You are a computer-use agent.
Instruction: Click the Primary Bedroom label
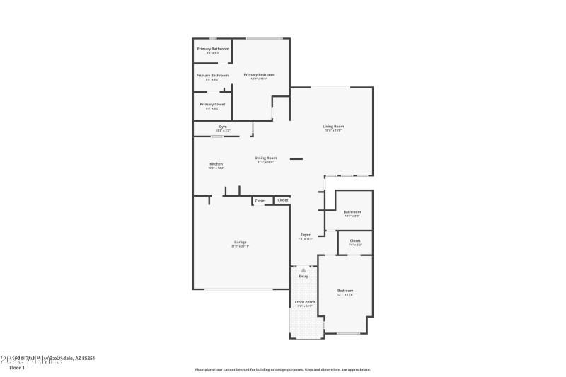(258, 74)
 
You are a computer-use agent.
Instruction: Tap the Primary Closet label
(212, 104)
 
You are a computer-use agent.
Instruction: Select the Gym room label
(223, 127)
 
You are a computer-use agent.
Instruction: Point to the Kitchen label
(216, 163)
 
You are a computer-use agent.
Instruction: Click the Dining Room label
(266, 158)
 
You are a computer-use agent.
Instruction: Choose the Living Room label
(333, 127)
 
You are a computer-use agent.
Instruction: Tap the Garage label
(241, 242)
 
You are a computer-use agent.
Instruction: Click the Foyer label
(306, 234)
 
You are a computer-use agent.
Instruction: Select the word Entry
(304, 276)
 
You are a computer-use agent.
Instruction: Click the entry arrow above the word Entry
(304, 269)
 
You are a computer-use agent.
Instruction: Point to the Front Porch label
(305, 302)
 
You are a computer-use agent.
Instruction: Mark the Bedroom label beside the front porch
(345, 291)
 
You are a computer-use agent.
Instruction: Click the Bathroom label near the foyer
(352, 211)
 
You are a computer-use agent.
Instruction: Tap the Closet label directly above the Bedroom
(354, 240)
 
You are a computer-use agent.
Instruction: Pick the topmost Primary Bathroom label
(212, 49)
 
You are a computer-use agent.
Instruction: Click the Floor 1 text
(16, 368)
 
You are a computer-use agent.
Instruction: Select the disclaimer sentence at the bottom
(282, 369)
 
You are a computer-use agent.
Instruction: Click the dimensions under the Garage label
(241, 246)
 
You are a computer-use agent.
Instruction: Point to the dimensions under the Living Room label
(333, 131)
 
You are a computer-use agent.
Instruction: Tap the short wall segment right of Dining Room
(296, 158)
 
